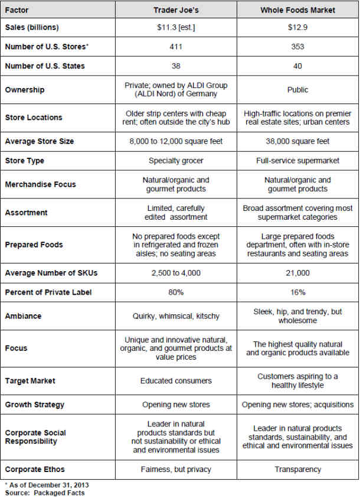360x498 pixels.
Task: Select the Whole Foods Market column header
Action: (297, 10)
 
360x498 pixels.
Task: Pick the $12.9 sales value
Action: (297, 28)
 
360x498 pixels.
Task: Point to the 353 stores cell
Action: (297, 47)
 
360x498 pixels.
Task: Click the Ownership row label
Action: (25, 90)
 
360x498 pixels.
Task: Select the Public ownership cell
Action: (297, 90)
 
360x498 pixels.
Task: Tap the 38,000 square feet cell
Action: (297, 141)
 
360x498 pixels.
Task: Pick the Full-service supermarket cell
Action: (297, 161)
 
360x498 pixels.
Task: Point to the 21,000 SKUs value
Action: (297, 273)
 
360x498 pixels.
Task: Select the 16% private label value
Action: (297, 292)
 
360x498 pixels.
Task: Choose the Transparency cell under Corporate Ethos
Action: (297, 470)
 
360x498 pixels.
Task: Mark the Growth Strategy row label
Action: (35, 405)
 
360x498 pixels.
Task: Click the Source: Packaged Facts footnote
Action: (45, 493)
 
